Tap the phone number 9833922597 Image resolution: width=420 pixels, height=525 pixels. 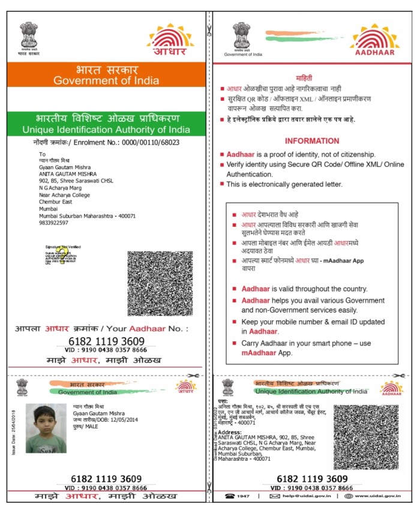pyautogui.click(x=53, y=223)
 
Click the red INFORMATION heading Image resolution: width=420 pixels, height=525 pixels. pyautogui.click(x=311, y=141)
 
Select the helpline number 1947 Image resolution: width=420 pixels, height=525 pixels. pyautogui.click(x=243, y=496)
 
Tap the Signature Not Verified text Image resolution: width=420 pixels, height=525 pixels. pyautogui.click(x=63, y=247)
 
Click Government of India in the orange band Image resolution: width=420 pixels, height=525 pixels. pyautogui.click(x=106, y=80)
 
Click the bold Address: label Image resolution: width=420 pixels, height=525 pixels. pyautogui.click(x=230, y=432)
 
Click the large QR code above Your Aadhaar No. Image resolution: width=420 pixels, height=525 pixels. pyautogui.click(x=160, y=284)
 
